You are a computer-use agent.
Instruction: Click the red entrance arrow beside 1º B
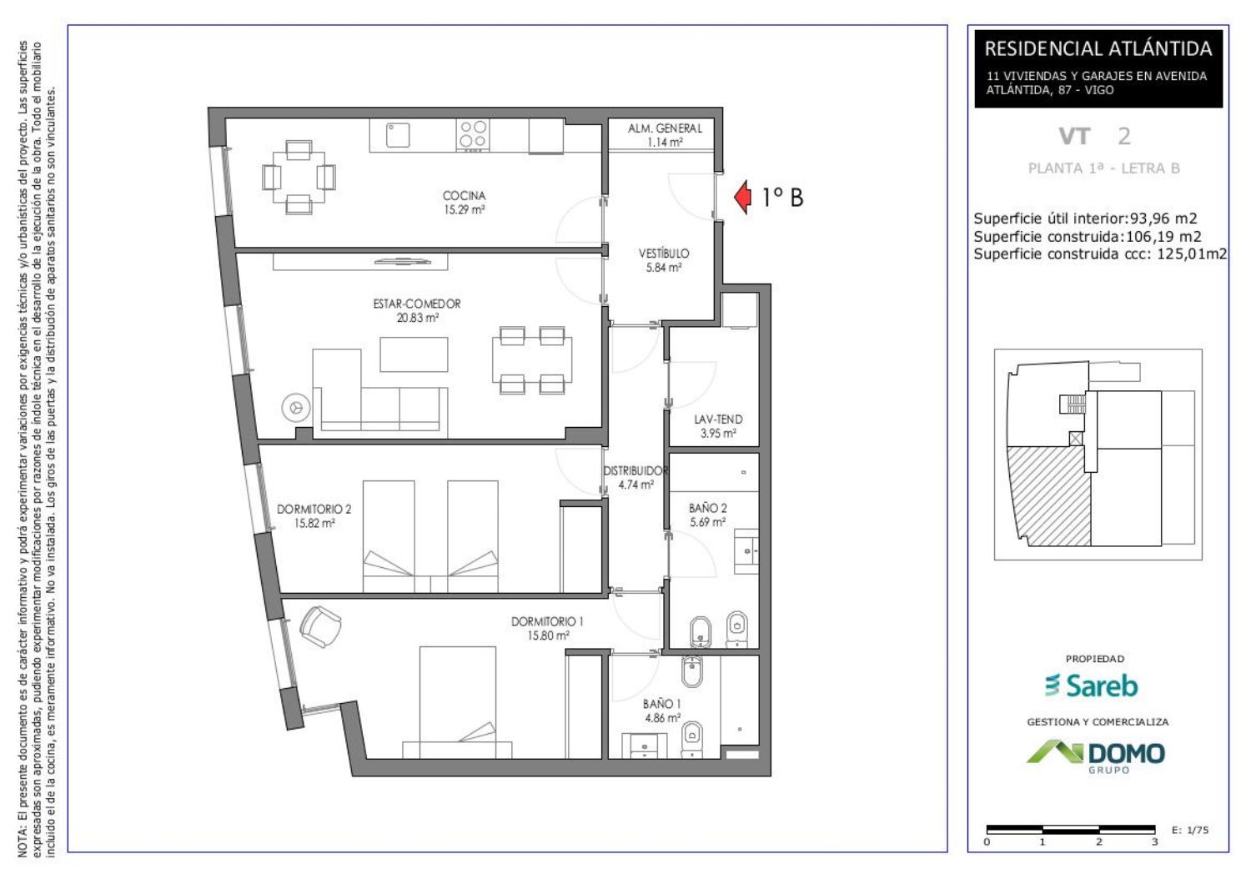(x=743, y=197)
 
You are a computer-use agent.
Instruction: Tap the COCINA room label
(x=464, y=195)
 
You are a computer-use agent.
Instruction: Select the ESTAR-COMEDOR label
(x=417, y=304)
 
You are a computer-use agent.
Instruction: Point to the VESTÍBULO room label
(x=664, y=253)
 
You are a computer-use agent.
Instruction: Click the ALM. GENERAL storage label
(x=665, y=128)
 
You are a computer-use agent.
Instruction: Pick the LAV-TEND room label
(x=718, y=419)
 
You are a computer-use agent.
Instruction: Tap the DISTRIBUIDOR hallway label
(x=636, y=470)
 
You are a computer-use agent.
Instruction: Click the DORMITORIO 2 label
(x=314, y=509)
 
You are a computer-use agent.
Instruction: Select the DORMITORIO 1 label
(x=547, y=621)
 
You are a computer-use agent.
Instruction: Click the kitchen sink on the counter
(x=398, y=134)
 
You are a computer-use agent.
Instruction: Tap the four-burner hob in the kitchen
(x=473, y=134)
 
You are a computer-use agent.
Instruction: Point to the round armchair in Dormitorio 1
(x=320, y=626)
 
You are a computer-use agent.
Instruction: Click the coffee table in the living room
(x=414, y=354)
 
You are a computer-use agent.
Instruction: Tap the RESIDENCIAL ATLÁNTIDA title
(x=1098, y=49)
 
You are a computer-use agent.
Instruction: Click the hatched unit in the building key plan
(x=1048, y=496)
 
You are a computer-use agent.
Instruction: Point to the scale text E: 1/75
(x=1190, y=831)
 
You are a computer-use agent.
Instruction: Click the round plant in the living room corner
(x=296, y=408)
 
